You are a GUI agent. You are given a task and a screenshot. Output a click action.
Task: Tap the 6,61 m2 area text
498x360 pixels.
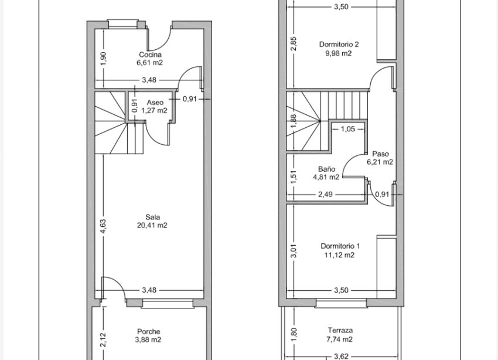[x=150, y=62]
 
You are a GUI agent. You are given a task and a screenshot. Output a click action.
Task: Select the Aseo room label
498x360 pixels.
[x=155, y=101]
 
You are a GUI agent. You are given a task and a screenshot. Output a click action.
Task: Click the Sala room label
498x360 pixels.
[x=154, y=216]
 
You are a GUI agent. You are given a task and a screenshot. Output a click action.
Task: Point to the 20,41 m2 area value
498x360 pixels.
[x=154, y=225]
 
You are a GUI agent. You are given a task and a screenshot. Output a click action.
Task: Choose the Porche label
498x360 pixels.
[x=149, y=331]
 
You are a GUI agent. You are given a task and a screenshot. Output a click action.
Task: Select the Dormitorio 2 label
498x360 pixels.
[x=339, y=44]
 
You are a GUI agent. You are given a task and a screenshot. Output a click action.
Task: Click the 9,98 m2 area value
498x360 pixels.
[x=339, y=53]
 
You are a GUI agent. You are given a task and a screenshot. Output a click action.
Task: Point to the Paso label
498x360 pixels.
[x=380, y=154]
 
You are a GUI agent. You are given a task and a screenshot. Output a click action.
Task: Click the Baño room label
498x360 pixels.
[x=326, y=168]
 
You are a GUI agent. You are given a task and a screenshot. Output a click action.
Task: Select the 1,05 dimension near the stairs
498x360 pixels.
[x=347, y=129]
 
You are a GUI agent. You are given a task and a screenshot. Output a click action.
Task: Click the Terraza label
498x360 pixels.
[x=340, y=331]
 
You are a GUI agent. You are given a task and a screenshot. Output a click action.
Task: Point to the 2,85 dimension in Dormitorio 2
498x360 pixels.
[x=294, y=44]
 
